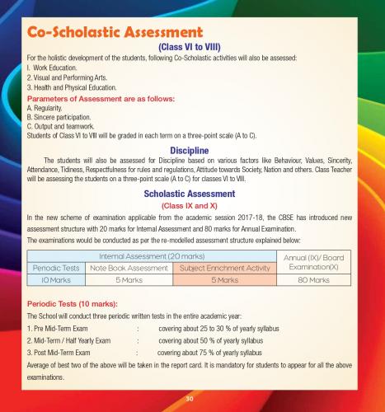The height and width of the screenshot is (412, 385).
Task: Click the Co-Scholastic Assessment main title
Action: (x=112, y=33)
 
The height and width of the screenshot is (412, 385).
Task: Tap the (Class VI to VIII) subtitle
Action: (x=193, y=49)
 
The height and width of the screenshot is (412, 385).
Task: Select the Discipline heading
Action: (x=193, y=149)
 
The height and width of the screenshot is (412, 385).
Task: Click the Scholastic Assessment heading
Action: (x=193, y=194)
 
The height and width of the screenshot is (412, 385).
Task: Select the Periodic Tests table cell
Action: (x=56, y=268)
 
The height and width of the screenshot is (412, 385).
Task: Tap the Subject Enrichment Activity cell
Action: (x=225, y=268)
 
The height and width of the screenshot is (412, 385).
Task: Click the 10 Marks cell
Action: (x=56, y=279)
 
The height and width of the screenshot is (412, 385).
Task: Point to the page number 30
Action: (x=192, y=399)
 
